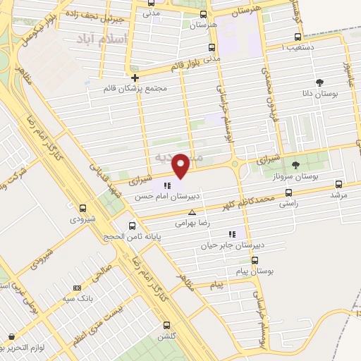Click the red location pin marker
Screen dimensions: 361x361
181,165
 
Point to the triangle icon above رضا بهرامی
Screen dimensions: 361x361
192,212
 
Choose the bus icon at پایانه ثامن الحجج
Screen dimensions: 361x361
133,226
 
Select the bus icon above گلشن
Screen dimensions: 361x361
166,325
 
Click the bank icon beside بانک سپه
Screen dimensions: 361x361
77,288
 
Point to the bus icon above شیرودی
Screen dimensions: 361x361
83,208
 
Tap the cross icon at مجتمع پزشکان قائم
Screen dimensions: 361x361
134,78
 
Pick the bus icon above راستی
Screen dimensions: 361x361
288,192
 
